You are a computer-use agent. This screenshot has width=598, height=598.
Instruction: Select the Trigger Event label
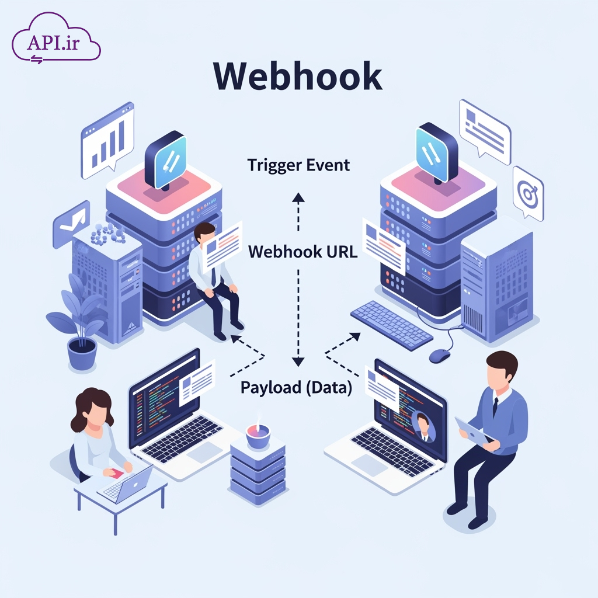pos(298,165)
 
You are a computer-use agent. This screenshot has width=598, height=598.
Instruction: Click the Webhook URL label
pos(303,252)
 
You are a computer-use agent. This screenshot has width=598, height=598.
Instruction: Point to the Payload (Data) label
pos(296,387)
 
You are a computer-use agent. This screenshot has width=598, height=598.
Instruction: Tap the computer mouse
pos(440,354)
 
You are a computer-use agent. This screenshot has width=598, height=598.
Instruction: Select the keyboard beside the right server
pos(391,325)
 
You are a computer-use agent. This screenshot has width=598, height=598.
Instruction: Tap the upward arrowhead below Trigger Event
pos(298,197)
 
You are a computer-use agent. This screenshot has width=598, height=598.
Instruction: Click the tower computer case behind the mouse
pos(496,286)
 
